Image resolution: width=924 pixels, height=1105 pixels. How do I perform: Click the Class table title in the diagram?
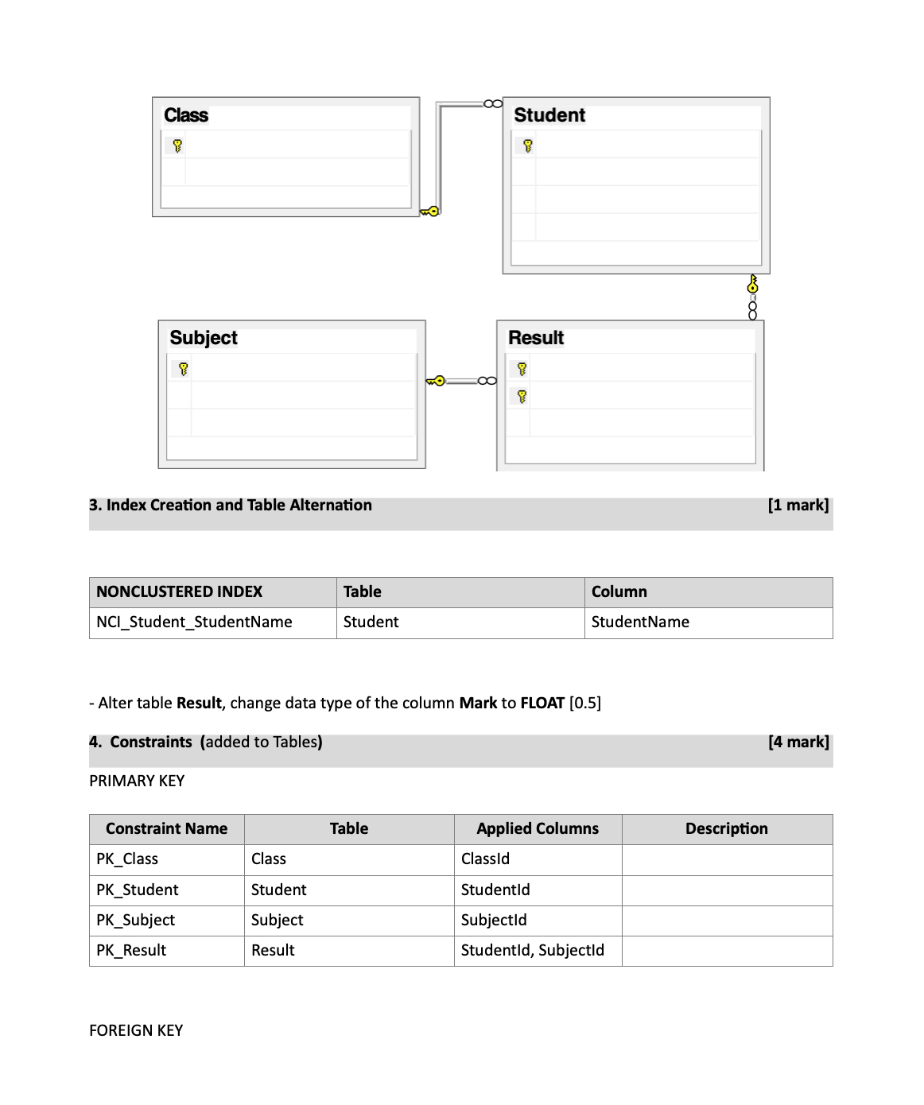pos(186,115)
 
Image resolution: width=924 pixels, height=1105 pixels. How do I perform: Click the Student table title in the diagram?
pos(549,115)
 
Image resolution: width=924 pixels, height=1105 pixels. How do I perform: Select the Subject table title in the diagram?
pos(204,338)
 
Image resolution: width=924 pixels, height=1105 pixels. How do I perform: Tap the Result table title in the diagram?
pos(536,338)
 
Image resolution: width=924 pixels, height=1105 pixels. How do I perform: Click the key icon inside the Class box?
pos(177,145)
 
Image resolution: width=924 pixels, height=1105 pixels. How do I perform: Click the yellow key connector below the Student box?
pos(752,284)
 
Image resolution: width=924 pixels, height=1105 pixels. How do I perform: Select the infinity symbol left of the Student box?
pos(492,103)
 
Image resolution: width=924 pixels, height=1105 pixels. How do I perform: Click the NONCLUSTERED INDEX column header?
pos(179,591)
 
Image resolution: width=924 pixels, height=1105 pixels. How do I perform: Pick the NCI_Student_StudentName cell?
pos(194,622)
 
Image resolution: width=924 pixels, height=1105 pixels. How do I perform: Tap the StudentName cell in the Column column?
pos(640,622)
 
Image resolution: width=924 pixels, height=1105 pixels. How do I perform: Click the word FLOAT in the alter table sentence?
pos(542,703)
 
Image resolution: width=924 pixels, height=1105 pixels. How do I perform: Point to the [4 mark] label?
pos(798,742)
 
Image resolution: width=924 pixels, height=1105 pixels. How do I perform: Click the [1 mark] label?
pos(798,505)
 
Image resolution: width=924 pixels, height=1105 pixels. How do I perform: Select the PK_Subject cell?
pos(135,920)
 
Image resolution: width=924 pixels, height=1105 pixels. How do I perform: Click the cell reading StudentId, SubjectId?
pos(532,950)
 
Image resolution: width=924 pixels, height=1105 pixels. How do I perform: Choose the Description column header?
pos(727,828)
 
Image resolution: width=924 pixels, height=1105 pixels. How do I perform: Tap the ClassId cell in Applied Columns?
pos(485,859)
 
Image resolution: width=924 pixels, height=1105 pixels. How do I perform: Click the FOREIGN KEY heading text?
pos(136,1030)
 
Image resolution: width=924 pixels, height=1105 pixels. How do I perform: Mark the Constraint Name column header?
pos(166,828)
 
